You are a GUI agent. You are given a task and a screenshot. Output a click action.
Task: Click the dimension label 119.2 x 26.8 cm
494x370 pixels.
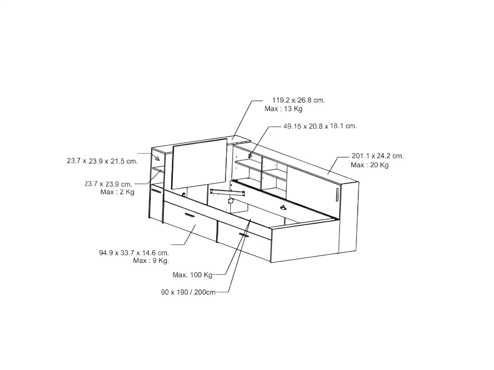tap(298, 100)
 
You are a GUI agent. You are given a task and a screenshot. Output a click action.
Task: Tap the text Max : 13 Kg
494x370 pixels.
tap(283, 109)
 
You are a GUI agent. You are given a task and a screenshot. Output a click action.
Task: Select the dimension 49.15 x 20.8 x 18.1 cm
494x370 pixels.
tap(320, 126)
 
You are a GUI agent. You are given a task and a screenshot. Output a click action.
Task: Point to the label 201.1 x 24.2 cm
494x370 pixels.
tap(377, 155)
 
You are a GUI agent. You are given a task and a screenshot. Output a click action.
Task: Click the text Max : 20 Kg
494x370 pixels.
tap(370, 165)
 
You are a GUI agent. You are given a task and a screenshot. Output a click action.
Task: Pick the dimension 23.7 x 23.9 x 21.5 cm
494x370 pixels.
tap(102, 161)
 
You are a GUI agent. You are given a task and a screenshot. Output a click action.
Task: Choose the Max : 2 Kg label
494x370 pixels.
tap(117, 192)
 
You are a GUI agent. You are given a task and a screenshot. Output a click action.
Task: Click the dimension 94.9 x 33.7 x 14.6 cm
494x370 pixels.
tap(134, 252)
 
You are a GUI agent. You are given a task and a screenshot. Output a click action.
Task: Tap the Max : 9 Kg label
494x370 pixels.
tap(151, 260)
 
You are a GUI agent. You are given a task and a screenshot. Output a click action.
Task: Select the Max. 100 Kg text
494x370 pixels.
tap(192, 275)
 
